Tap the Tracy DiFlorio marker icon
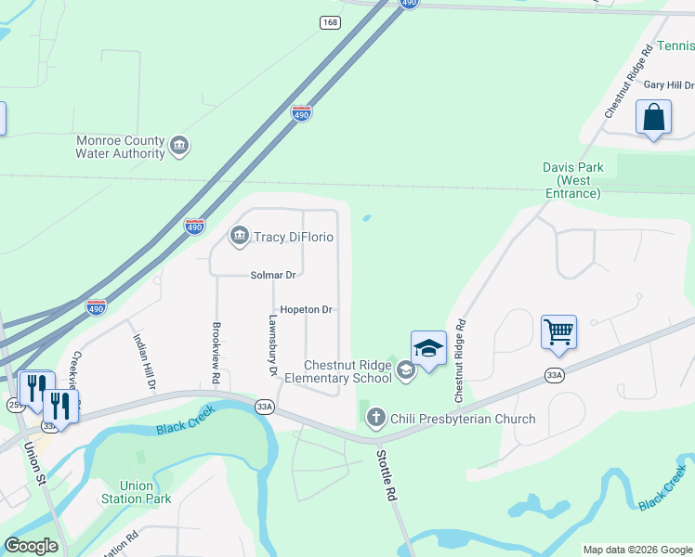coord(240,237)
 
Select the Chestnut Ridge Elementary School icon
coord(405,370)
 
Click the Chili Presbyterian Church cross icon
coord(376,418)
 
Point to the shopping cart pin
coord(558,332)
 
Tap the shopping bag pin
coord(653,118)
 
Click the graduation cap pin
coord(428,350)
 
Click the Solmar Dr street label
coord(272,275)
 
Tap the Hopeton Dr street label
coord(306,309)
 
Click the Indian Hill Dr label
coord(143,361)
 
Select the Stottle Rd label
coord(386,476)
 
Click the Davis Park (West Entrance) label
coord(573,180)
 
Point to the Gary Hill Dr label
coord(669,84)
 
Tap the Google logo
coord(31,546)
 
